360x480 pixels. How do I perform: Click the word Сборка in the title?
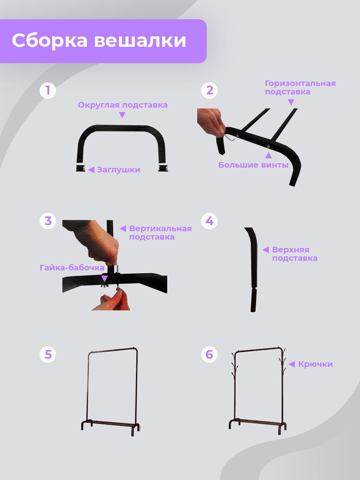coord(50,41)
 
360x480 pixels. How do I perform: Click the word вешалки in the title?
coord(140,41)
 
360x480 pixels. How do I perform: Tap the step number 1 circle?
coord(48,90)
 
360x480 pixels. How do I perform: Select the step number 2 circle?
coord(209,90)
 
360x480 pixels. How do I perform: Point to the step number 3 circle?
coord(48,221)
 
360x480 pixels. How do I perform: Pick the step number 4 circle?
coord(209,221)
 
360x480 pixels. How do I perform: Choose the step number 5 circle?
coord(48,354)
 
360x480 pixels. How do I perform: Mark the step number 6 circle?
coord(209,354)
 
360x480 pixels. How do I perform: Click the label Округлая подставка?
coord(123,105)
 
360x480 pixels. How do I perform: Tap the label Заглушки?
coord(119,170)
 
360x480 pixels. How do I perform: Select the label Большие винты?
coord(253,165)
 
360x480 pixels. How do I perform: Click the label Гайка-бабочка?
coord(72,268)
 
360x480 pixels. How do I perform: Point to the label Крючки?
coord(316,364)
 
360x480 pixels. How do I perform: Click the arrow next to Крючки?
coord(292,364)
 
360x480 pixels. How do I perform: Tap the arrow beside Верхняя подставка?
coord(266,250)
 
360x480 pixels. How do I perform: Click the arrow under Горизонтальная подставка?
coord(291,102)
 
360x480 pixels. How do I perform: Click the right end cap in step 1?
coord(163,168)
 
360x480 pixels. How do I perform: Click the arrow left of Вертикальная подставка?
coord(123,228)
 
